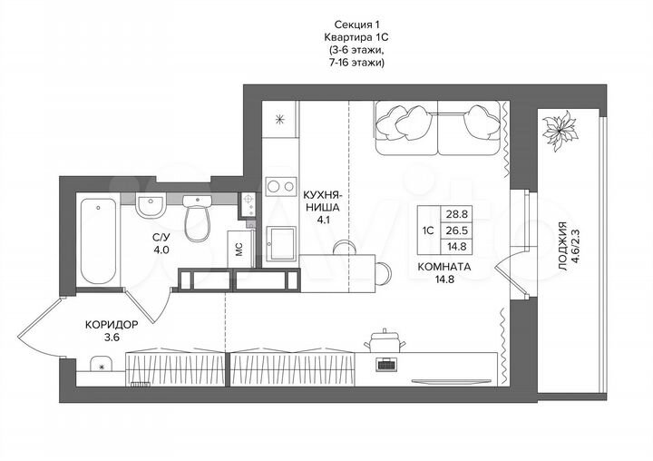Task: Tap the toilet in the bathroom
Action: pos(196,218)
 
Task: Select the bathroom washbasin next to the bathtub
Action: pos(151,205)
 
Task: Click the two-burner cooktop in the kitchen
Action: pos(281,182)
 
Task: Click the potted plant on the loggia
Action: pos(558,132)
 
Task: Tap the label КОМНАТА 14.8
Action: pos(443,273)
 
